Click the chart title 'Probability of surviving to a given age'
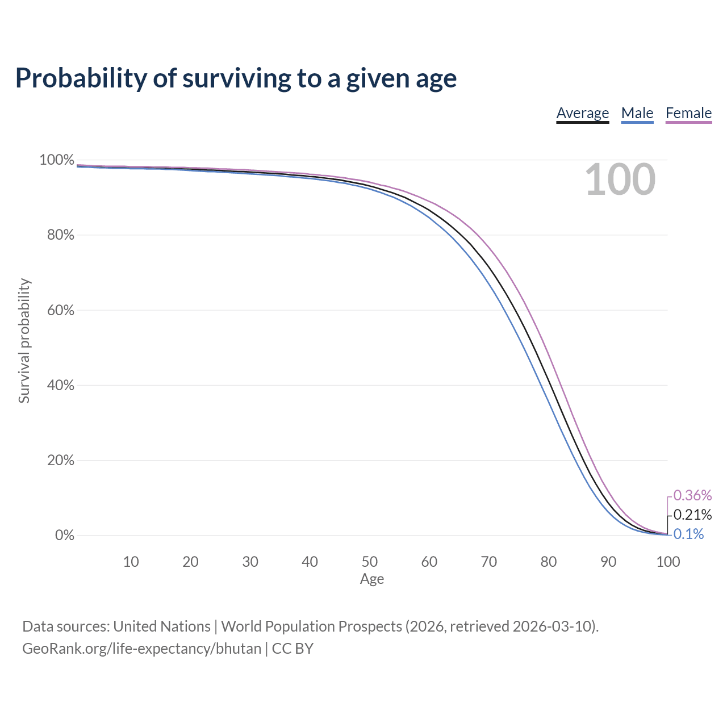pos(236,78)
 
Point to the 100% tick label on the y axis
pos(57,160)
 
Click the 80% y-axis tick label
pos(60,235)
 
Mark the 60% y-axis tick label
pos(60,310)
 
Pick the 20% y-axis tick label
pos(60,460)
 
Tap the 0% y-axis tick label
pos(65,535)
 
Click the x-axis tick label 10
pos(131,562)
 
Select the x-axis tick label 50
pos(369,562)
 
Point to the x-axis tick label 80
pos(549,562)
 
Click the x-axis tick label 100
pos(668,562)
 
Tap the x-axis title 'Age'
pos(372,579)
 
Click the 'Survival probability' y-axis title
pos(24,341)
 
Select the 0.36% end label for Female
pos(693,495)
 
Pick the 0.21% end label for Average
pos(693,515)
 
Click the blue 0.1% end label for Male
pos(688,534)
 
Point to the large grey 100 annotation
pos(620,179)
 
